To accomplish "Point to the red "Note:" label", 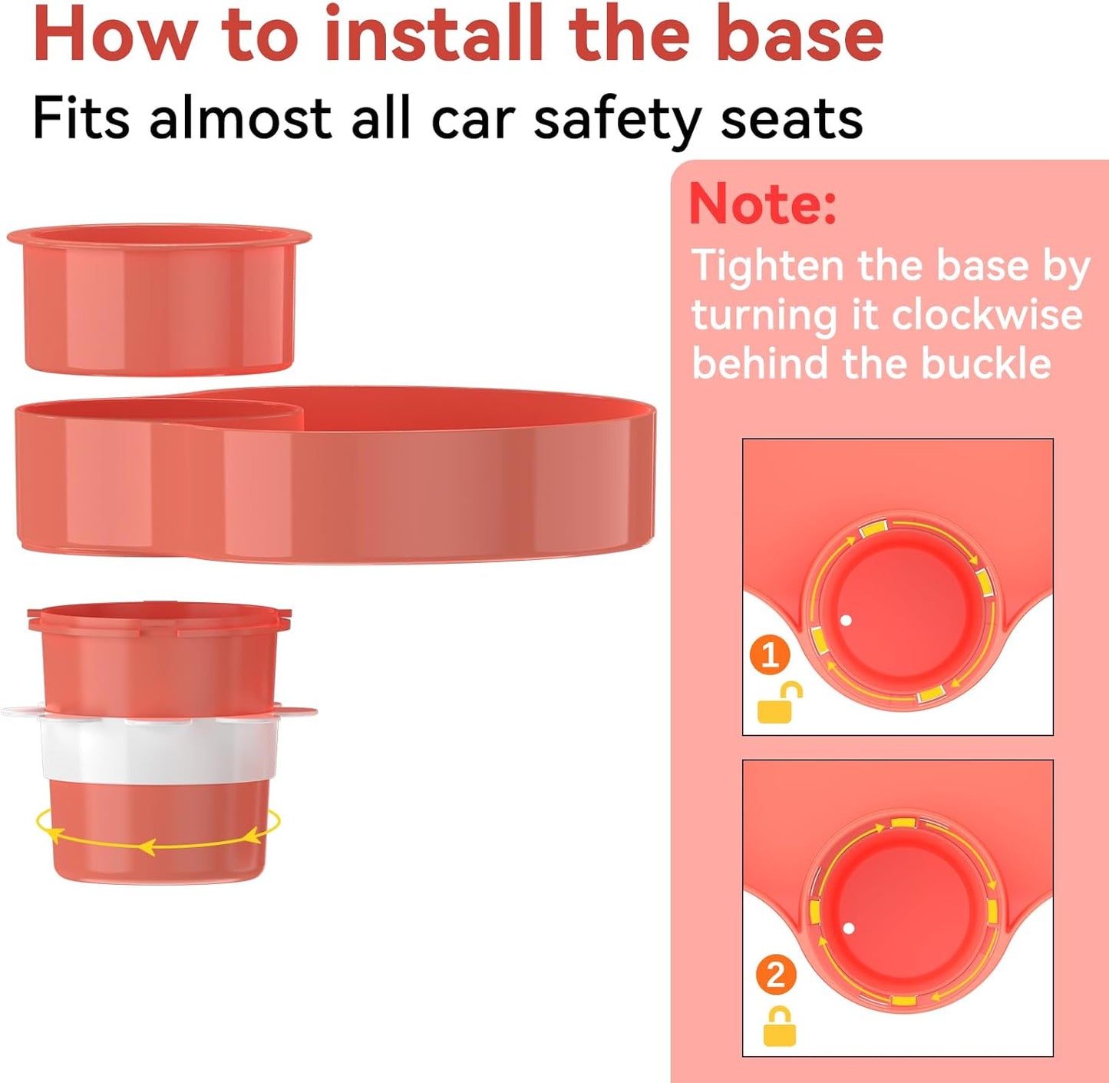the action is tap(763, 204).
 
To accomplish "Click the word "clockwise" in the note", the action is tap(987, 314).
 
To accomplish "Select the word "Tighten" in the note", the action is tap(767, 267).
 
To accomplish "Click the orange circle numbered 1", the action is tap(770, 657).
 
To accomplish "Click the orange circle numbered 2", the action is tap(775, 975).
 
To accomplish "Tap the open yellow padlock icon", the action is tap(779, 702).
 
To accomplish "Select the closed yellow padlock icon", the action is tap(779, 1027).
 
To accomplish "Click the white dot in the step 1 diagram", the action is tap(847, 620).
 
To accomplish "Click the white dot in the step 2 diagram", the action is tap(849, 929).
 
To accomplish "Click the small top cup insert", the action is tap(158, 300).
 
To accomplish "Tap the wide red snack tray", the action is tap(335, 475).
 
